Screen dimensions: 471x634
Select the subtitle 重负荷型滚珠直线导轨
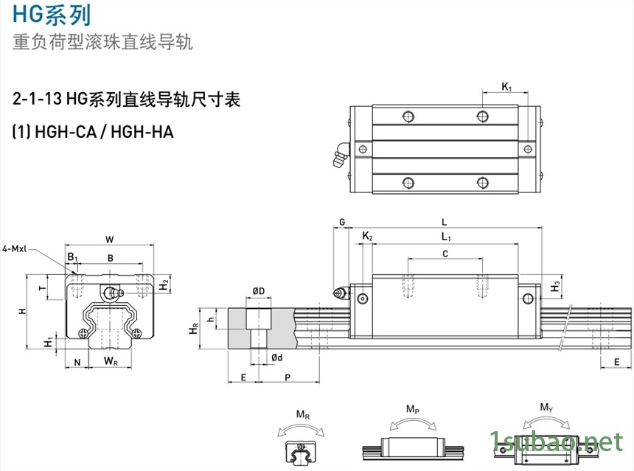coord(103,42)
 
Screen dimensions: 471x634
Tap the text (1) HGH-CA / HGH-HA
coord(93,132)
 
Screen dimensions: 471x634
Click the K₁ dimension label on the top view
coord(506,87)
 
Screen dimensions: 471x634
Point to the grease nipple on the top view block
coord(340,157)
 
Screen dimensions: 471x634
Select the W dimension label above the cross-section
coord(109,239)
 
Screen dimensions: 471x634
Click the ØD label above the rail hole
coord(259,293)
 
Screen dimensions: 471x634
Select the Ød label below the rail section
coord(277,357)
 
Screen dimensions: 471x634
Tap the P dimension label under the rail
coord(287,377)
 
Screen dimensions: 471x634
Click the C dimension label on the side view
coord(445,254)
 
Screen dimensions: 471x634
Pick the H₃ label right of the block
coord(557,285)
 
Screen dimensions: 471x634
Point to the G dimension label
coord(341,222)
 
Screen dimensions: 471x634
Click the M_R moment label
coord(302,416)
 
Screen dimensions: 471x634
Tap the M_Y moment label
coord(546,408)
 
